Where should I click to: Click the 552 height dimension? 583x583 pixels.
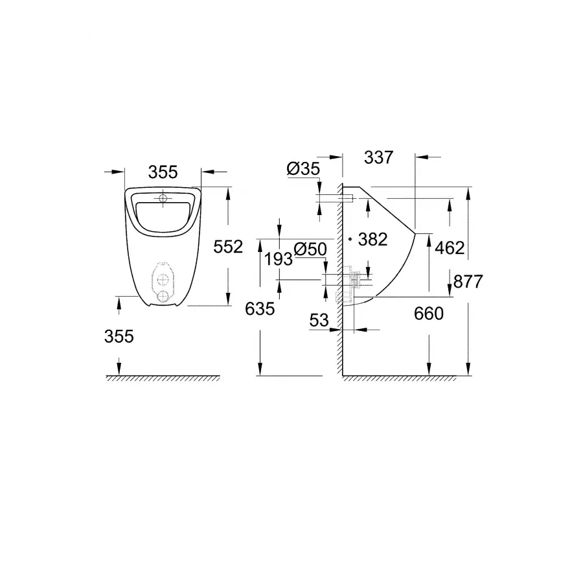(228, 246)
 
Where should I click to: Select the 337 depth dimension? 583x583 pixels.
(379, 157)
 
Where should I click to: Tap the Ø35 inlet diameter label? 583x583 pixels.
(302, 169)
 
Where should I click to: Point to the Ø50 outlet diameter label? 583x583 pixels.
(308, 249)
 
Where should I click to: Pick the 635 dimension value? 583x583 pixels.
(260, 309)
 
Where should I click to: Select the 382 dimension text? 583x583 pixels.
(372, 240)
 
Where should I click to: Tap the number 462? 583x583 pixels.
(450, 247)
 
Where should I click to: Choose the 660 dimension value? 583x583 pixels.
(429, 314)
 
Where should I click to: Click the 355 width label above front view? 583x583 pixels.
(163, 172)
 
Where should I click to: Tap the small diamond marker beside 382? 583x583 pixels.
(350, 239)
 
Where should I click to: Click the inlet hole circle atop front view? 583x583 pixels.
(163, 198)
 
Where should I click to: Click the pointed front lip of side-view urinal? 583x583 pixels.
(415, 231)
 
